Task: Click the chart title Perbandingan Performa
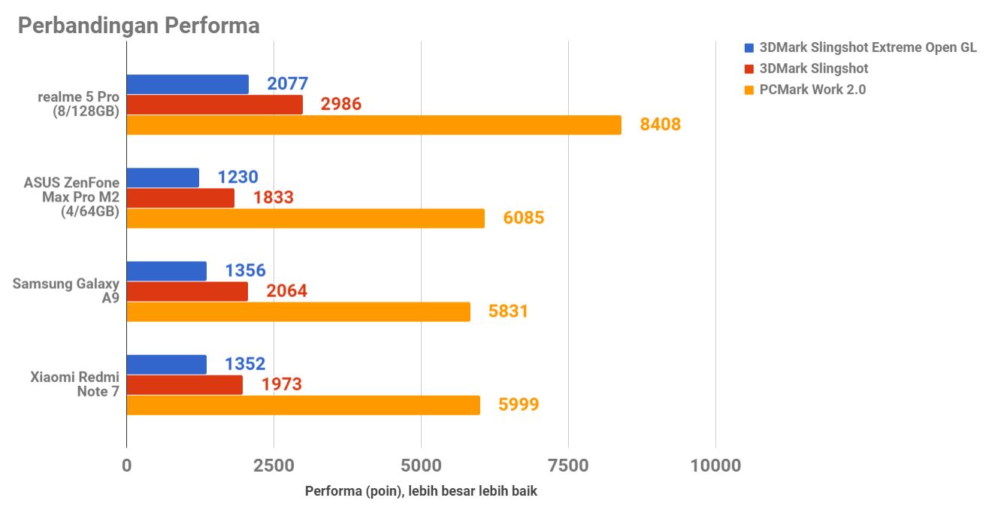[138, 26]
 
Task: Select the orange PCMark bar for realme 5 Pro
[373, 125]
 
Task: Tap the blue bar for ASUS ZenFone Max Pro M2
[162, 178]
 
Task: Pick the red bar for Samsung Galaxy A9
[187, 291]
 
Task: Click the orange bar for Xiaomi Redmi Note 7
[303, 405]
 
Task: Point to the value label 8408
[660, 124]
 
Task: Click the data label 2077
[287, 84]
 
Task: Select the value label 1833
[273, 198]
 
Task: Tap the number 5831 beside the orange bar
[508, 311]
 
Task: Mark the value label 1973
[281, 384]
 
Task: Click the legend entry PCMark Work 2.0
[812, 90]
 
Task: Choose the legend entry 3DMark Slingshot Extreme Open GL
[868, 47]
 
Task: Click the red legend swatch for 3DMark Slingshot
[748, 69]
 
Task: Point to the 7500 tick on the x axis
[568, 466]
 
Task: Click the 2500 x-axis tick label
[274, 466]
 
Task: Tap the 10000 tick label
[715, 466]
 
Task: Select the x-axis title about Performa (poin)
[421, 491]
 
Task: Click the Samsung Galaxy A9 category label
[66, 290]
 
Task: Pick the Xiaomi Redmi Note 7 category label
[74, 384]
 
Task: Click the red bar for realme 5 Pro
[214, 105]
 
